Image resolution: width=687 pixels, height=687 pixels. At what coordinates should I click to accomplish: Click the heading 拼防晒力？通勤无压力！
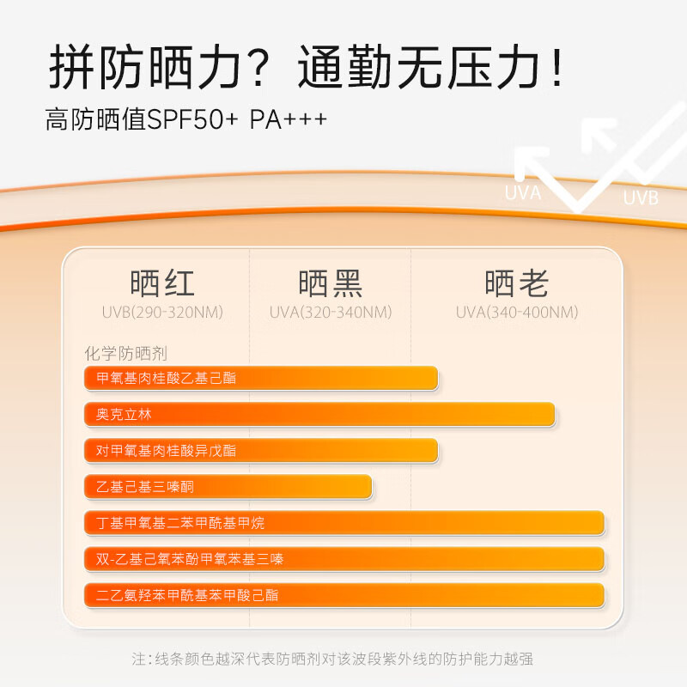(307, 68)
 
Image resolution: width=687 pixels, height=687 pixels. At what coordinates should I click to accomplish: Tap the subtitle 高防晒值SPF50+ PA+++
(186, 119)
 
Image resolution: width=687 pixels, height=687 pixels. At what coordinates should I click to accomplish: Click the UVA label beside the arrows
(522, 193)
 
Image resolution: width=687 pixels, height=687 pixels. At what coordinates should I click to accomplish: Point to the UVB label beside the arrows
(641, 198)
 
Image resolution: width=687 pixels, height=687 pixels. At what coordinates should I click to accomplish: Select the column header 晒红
(162, 283)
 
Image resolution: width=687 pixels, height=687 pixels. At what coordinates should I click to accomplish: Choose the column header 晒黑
(331, 283)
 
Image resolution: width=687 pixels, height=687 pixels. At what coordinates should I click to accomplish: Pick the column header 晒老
(516, 283)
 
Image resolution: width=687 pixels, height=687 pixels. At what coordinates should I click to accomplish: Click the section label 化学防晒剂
(125, 353)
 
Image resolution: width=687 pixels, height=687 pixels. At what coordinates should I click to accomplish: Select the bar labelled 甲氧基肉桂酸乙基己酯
(261, 378)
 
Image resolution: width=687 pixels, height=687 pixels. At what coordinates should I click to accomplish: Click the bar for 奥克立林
(319, 414)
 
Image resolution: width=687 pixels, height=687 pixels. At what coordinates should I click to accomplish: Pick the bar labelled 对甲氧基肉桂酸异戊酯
(261, 450)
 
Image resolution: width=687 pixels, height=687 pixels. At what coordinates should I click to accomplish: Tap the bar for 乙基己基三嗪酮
(228, 486)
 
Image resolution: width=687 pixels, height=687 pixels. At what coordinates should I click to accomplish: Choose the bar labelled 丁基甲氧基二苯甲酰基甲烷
(344, 522)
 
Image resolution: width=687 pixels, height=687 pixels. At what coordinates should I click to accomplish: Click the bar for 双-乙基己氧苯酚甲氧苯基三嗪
(344, 559)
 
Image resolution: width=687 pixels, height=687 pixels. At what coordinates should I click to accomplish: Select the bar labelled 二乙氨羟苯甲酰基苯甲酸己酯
(344, 594)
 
